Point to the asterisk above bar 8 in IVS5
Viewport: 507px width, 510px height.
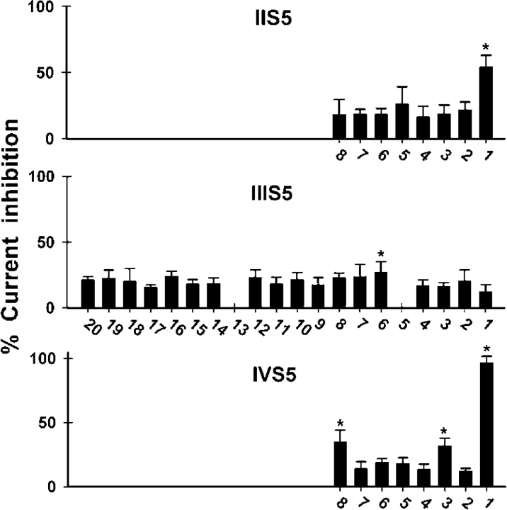[x=340, y=422]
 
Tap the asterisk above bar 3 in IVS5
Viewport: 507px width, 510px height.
[x=444, y=431]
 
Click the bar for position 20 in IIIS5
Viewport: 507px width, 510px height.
[x=88, y=294]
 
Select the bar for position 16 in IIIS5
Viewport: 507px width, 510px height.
[x=171, y=292]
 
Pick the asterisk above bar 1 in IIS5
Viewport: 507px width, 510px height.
[x=486, y=47]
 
